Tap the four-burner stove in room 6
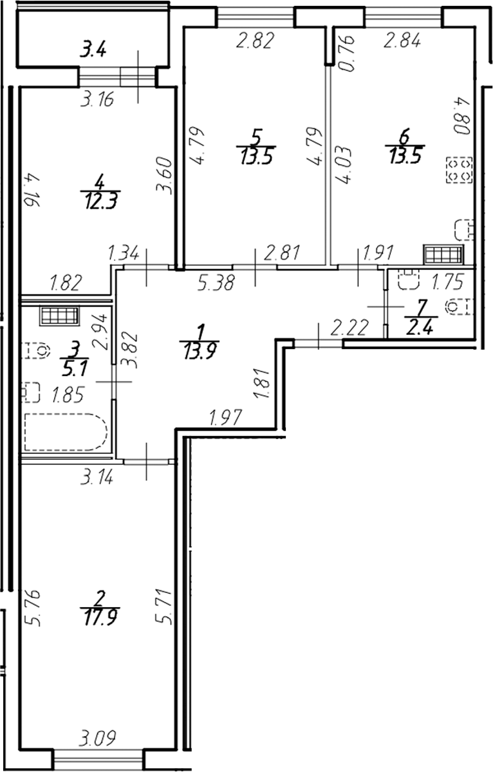460,171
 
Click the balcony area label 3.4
93,49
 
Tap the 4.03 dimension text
344,167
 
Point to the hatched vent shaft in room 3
59,316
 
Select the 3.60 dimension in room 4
167,174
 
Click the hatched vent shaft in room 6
443,254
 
